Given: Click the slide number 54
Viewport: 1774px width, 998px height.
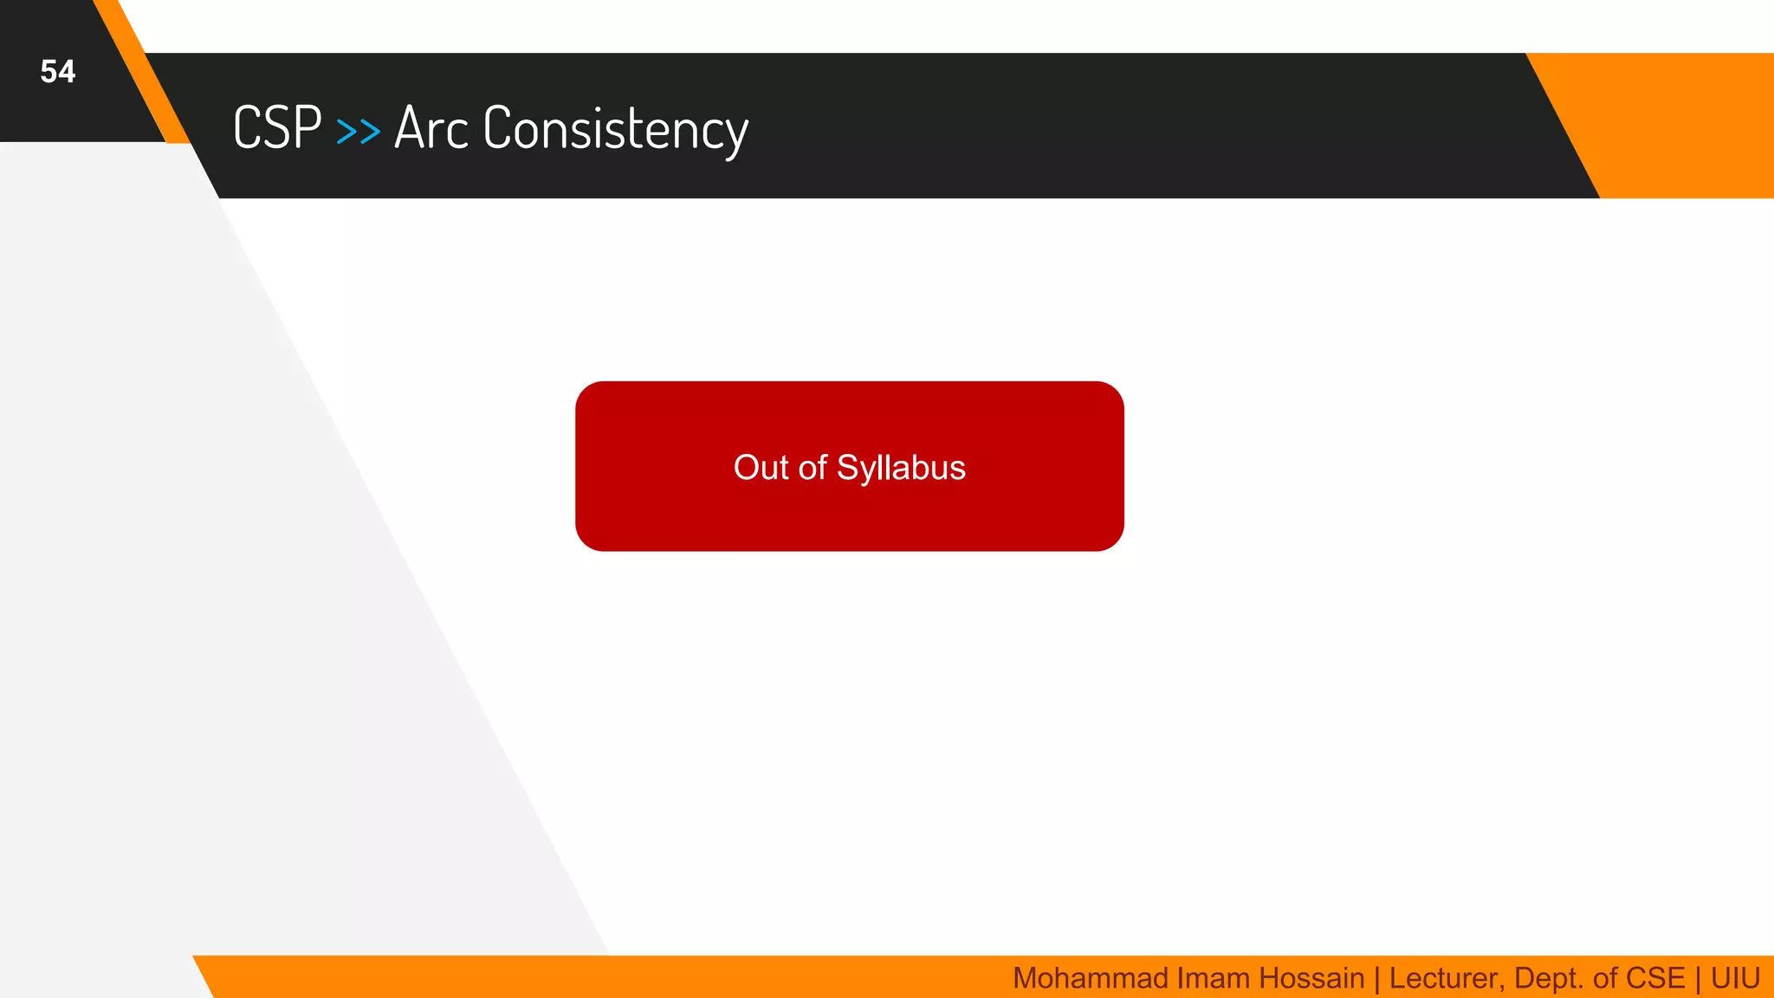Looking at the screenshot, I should (x=57, y=72).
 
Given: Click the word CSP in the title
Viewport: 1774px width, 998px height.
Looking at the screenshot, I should (x=277, y=128).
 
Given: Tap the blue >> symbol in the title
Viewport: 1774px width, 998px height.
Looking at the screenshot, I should (x=358, y=132).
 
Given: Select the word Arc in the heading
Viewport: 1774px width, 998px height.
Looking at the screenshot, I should (x=431, y=128).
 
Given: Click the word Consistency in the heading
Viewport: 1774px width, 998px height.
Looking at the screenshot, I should (x=615, y=130).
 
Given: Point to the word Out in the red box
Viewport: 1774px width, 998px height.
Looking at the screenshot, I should (x=761, y=468).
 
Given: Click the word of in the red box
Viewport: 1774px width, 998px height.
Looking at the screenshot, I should (x=813, y=468).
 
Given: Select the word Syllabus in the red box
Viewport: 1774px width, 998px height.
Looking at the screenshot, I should (x=901, y=469).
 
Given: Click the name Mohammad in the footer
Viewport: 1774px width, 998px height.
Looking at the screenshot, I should (x=1091, y=978).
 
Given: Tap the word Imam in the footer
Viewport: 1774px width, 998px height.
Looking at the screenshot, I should (x=1214, y=978).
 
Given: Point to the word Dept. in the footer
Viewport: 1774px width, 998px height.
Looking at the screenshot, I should (x=1549, y=979).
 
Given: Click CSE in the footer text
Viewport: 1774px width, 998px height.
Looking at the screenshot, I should (x=1655, y=978).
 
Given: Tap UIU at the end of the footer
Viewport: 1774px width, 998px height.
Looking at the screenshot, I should (x=1735, y=978).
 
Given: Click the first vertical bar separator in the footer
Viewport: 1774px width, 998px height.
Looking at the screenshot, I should (x=1376, y=979).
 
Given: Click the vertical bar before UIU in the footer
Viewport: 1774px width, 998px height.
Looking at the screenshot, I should (x=1698, y=979).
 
